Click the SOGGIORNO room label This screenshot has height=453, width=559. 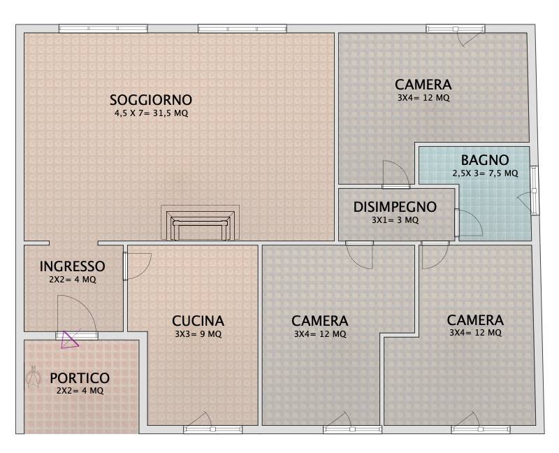click(151, 99)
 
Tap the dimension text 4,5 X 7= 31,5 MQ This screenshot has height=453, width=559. click(151, 113)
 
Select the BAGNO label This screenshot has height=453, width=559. click(484, 159)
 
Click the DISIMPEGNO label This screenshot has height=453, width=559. click(395, 207)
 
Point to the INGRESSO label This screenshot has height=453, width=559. click(72, 266)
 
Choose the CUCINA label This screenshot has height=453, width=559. click(198, 321)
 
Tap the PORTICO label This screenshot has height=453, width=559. click(80, 378)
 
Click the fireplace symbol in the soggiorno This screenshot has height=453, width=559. click(200, 223)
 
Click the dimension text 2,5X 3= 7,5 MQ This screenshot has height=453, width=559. click(485, 173)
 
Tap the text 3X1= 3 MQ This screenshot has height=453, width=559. click(395, 220)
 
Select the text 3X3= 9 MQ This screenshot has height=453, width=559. click(198, 334)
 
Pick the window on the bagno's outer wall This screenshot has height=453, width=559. click(534, 190)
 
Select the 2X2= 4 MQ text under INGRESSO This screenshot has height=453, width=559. click(72, 280)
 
